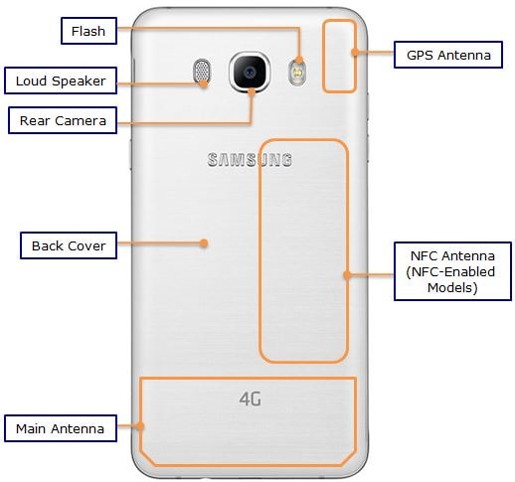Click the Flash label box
click(88, 31)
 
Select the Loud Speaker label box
click(61, 80)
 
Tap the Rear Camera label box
click(63, 120)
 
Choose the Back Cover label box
click(69, 245)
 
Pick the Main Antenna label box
click(61, 428)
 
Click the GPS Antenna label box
click(448, 55)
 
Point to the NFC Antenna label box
click(452, 271)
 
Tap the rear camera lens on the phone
click(250, 72)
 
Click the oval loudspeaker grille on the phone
click(202, 71)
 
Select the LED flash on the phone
click(297, 72)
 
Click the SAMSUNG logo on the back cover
click(250, 160)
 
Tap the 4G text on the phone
click(251, 399)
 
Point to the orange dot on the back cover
click(204, 243)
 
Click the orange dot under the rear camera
click(252, 92)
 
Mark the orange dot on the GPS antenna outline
click(355, 52)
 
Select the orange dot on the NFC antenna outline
click(347, 274)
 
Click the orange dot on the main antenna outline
click(140, 425)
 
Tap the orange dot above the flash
click(299, 60)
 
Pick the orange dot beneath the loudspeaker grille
click(204, 83)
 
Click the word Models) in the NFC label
click(452, 287)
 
